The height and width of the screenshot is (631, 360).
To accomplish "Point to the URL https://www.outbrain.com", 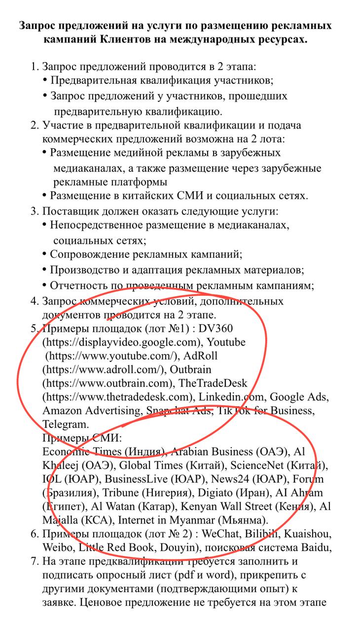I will click(x=108, y=383).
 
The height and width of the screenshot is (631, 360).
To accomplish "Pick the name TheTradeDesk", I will click(x=213, y=383).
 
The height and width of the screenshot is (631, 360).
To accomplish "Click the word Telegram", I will click(x=66, y=424).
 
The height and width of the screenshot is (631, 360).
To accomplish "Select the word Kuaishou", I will click(x=308, y=534).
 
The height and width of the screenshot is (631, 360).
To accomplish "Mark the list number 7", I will click(x=34, y=561).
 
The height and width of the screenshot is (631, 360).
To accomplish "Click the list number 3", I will click(x=34, y=211).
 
